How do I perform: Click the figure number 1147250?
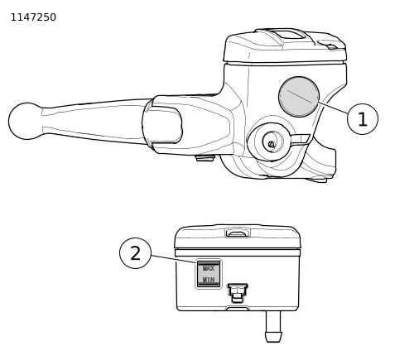33,17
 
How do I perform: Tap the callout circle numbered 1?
363,119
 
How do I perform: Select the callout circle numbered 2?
135,253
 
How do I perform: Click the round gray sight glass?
299,97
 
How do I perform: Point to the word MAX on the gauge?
209,268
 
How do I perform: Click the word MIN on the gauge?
209,280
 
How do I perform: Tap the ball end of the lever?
26,121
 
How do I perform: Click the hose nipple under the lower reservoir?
273,326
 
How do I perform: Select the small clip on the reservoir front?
238,293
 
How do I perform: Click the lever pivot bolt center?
272,144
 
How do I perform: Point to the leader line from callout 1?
333,108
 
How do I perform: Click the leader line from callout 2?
174,259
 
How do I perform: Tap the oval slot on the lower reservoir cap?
238,233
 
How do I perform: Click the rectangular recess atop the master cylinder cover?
289,35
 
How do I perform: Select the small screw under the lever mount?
205,158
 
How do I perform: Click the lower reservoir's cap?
238,237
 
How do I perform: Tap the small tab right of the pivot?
301,140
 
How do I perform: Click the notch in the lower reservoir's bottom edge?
238,308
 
